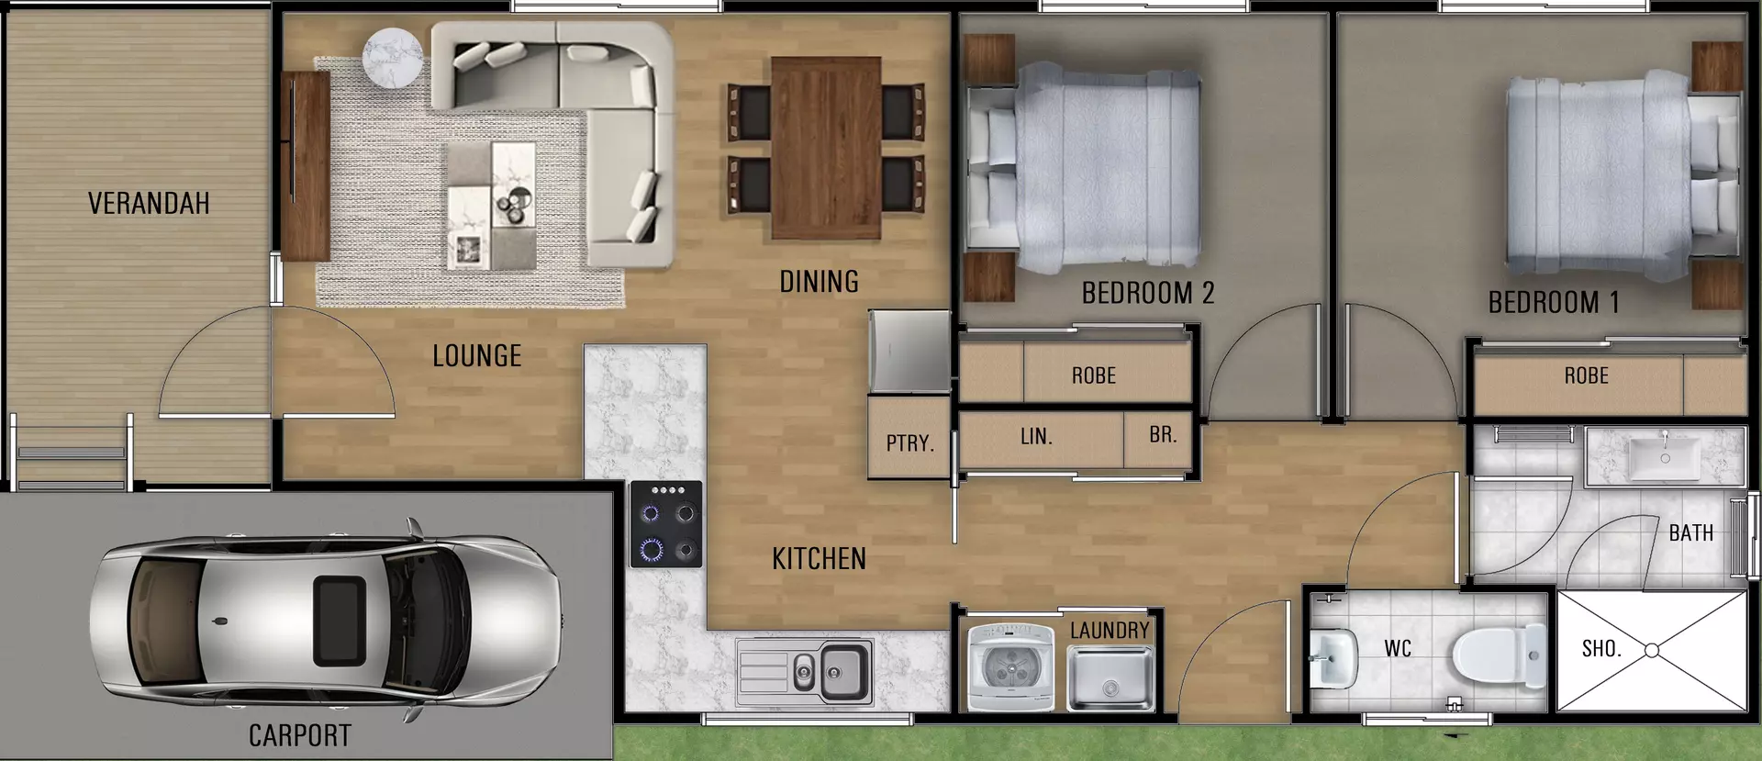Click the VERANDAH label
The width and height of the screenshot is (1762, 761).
[x=149, y=203]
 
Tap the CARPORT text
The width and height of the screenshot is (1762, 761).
[x=300, y=735]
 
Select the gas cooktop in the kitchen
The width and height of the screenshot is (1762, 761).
[x=667, y=523]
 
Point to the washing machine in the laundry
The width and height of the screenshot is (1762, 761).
[x=1011, y=667]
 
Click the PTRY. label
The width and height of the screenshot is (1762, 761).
[x=909, y=443]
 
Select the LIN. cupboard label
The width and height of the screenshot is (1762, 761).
[x=1036, y=437]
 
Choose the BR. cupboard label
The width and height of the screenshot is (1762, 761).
[x=1163, y=435]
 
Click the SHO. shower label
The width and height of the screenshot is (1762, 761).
[x=1601, y=649]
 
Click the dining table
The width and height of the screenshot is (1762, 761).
[x=826, y=147]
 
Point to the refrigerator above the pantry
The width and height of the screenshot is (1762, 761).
[x=909, y=352]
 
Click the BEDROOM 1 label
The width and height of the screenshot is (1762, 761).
[x=1553, y=302]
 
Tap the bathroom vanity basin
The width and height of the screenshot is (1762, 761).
[x=1665, y=456]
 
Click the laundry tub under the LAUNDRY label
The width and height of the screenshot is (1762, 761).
[x=1110, y=678]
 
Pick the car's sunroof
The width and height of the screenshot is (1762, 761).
[x=338, y=621]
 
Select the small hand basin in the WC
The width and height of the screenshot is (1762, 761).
[x=1331, y=657]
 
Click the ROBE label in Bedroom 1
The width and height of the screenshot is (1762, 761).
[x=1586, y=375]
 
